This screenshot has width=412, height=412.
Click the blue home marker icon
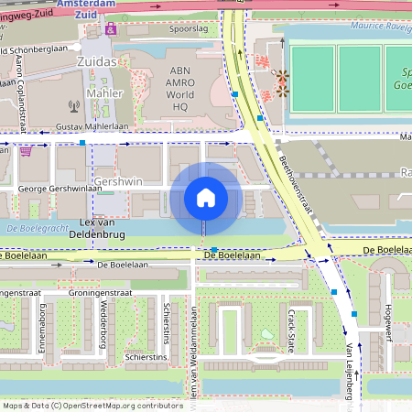click(x=206, y=197)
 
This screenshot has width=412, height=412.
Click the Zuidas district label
click(x=99, y=60)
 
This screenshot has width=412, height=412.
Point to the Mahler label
click(x=103, y=93)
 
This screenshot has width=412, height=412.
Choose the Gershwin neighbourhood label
click(x=118, y=181)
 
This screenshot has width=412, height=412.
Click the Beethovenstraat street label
click(x=295, y=191)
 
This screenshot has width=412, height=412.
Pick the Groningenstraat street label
click(x=101, y=293)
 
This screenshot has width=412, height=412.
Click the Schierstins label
click(x=146, y=356)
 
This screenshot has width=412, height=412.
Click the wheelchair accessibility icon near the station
click(x=112, y=29)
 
